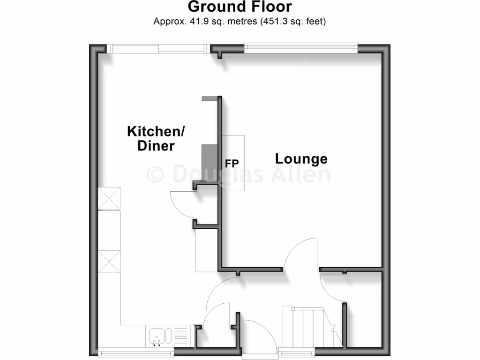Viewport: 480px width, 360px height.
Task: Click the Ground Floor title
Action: (x=240, y=7)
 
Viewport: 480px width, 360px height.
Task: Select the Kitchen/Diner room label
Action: (x=156, y=138)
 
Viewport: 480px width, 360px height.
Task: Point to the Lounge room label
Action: (x=301, y=159)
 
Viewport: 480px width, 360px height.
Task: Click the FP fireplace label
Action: (x=232, y=163)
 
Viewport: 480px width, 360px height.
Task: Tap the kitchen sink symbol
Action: (x=158, y=336)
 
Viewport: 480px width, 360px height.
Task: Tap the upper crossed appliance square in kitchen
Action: (x=109, y=198)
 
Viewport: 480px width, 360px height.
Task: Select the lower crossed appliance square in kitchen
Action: (x=109, y=261)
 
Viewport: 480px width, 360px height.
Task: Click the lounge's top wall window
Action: (x=301, y=46)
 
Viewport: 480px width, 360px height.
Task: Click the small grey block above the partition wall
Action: (x=209, y=98)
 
